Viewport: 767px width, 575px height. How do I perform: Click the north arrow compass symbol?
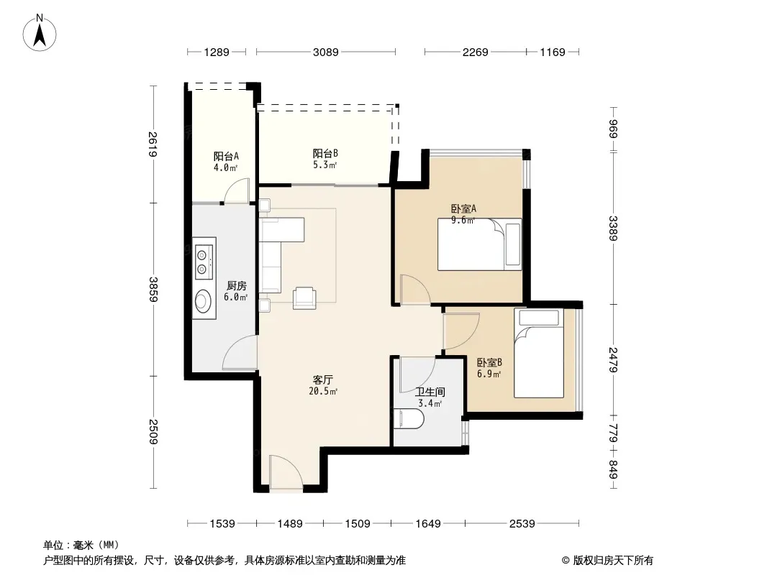point(40,33)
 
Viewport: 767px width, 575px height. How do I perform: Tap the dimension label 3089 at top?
point(326,52)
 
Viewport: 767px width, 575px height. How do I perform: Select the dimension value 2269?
point(476,52)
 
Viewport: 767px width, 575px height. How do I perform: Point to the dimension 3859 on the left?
point(153,289)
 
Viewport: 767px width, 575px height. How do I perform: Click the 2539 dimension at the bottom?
point(522,524)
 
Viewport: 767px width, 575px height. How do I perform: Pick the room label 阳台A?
point(226,157)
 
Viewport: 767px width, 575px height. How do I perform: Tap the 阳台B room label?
point(325,153)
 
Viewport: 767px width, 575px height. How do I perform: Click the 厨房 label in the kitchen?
point(236,286)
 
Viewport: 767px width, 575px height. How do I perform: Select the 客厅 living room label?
point(323,379)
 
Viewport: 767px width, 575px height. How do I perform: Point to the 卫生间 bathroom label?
point(430,392)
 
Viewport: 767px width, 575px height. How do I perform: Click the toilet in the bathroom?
point(409,419)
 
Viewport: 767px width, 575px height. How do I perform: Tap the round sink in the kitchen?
point(203,300)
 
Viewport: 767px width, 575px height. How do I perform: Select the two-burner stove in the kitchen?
point(204,262)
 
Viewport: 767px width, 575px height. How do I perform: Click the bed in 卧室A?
point(479,244)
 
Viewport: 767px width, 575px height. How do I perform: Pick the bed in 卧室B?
point(539,353)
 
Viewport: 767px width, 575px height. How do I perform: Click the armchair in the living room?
point(305,298)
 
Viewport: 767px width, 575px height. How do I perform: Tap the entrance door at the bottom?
point(286,472)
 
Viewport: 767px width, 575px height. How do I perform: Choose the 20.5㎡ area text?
point(323,391)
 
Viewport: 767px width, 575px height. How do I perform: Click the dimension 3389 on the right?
point(614,228)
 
